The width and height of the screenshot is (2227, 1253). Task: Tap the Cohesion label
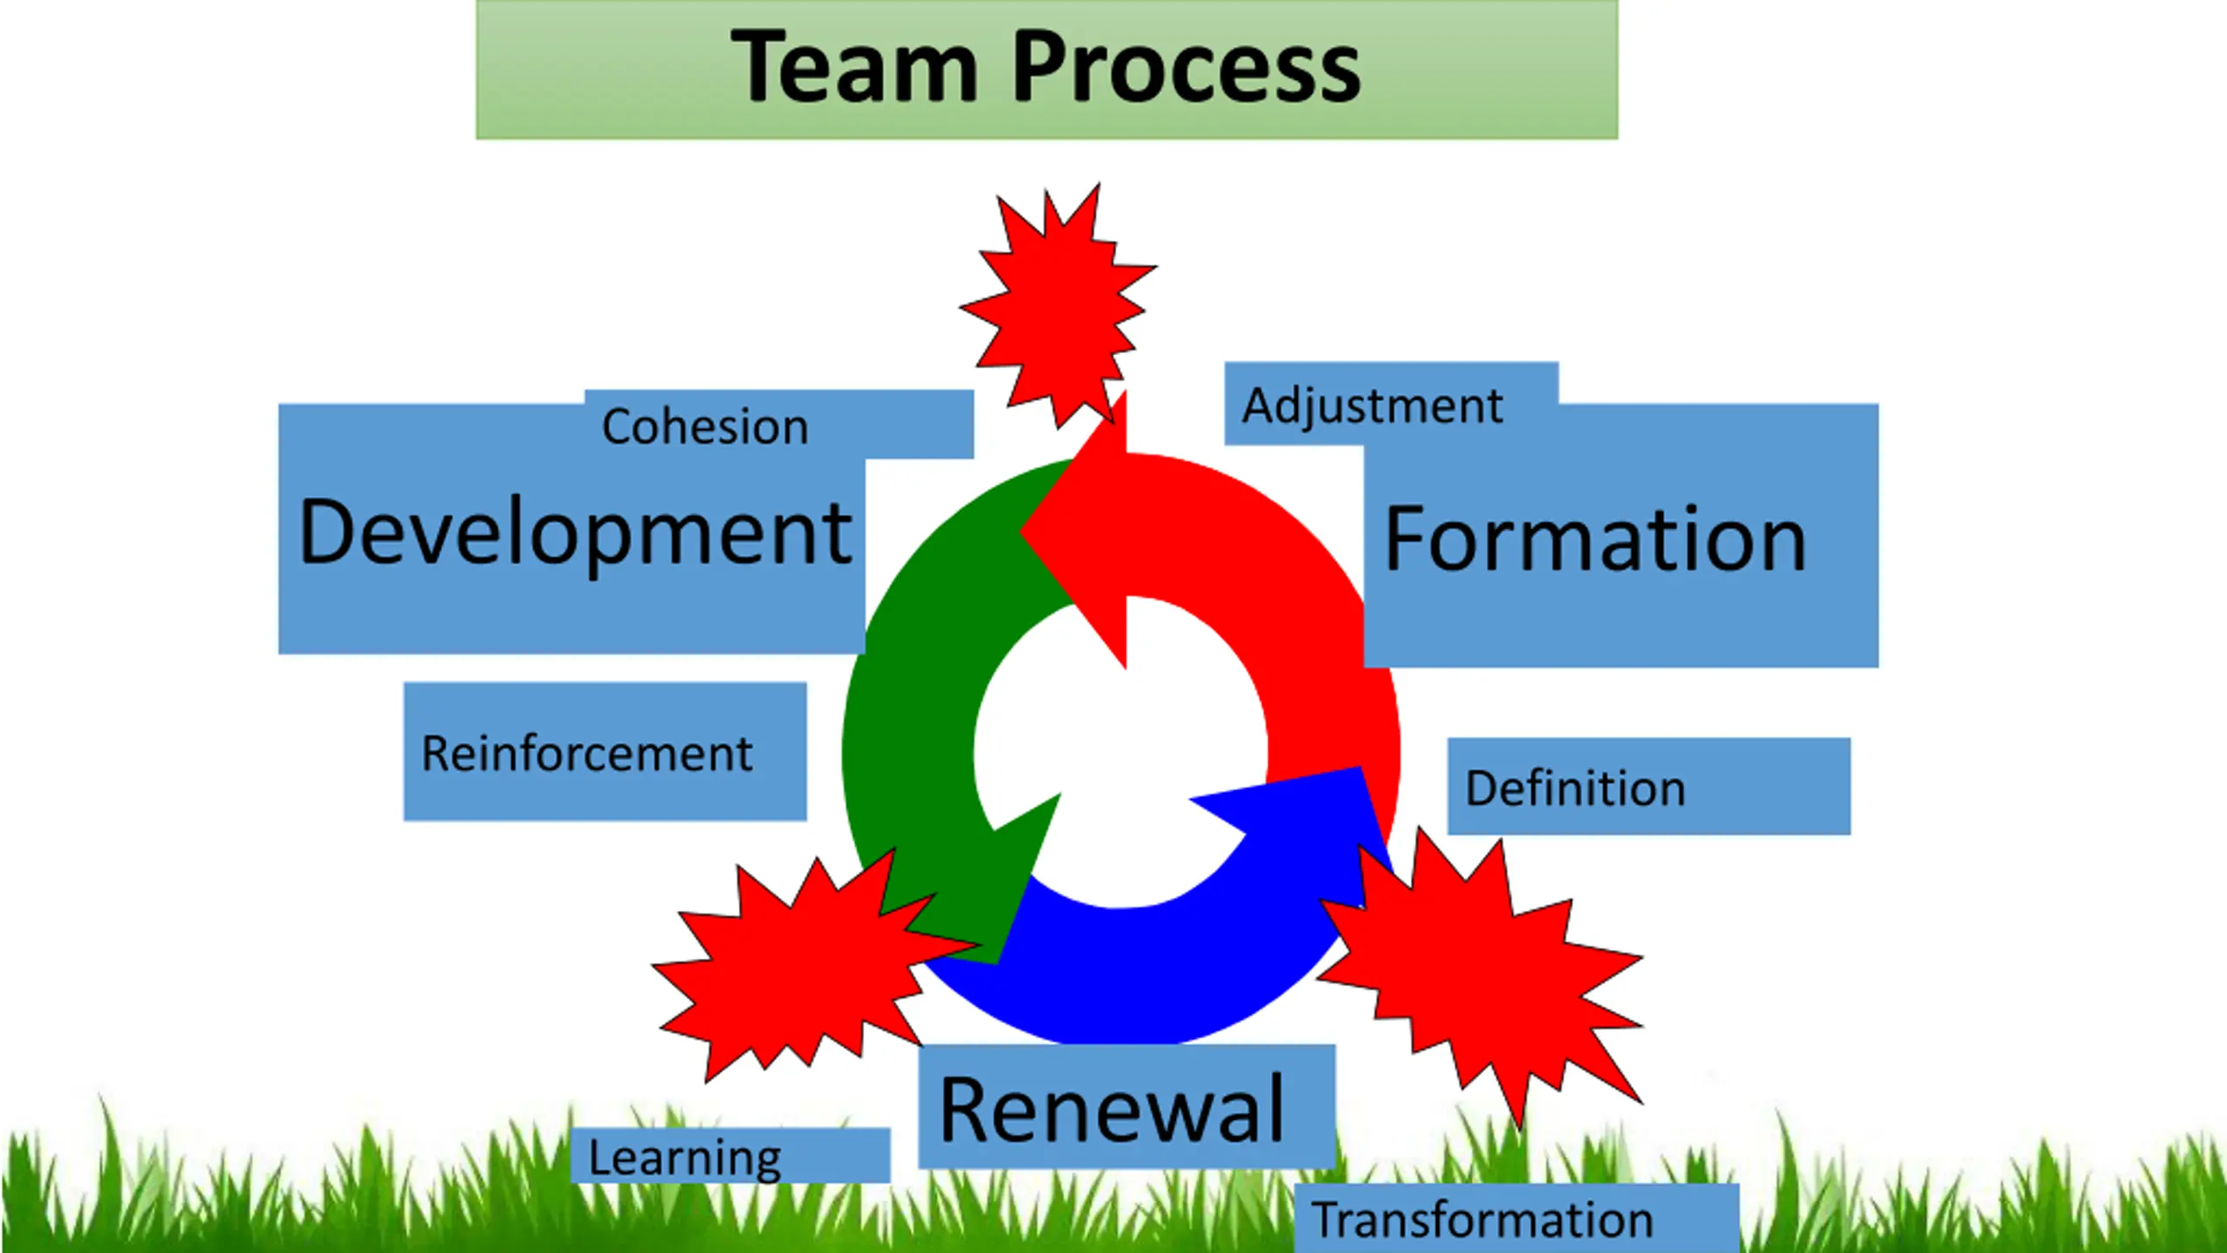(705, 426)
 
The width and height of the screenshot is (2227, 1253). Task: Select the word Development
(574, 533)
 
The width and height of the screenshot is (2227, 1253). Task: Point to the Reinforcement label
(586, 753)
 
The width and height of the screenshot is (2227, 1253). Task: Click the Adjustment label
(1372, 405)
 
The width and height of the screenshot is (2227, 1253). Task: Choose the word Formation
(1595, 539)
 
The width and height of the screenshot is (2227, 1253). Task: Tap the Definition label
(1575, 788)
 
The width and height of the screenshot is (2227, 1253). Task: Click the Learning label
(685, 1158)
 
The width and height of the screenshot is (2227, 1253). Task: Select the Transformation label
(1482, 1220)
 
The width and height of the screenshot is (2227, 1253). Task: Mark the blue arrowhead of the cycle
(1305, 818)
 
